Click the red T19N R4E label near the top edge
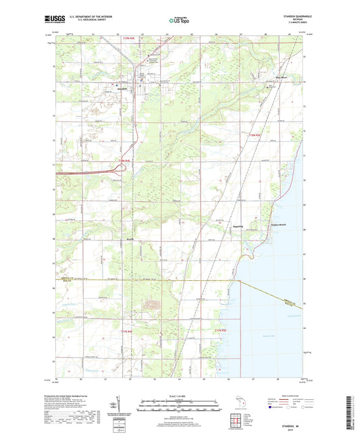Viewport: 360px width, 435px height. click(130, 43)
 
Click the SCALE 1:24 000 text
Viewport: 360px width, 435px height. click(178, 395)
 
